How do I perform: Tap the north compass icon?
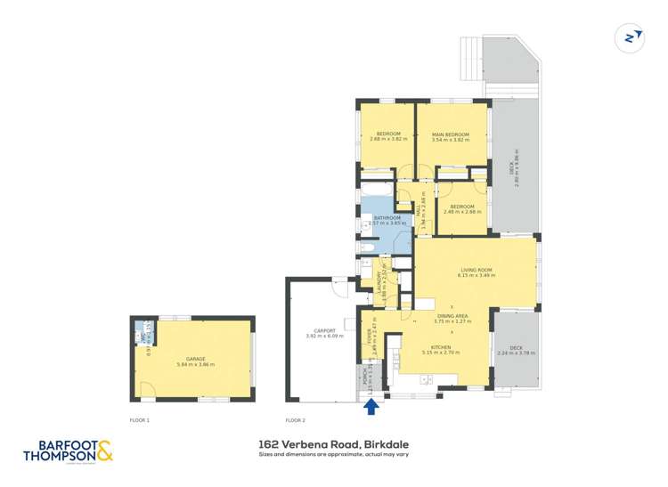point(631,37)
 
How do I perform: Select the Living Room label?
point(476,269)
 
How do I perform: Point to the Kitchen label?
point(440,347)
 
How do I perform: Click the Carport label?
point(317,330)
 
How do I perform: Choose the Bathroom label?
point(386,217)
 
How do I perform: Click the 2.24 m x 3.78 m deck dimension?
point(516,353)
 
